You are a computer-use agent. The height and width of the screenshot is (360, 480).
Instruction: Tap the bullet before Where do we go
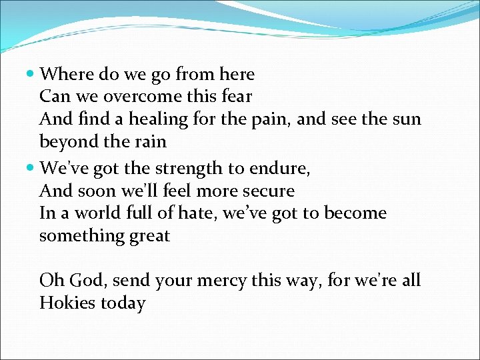[31, 73]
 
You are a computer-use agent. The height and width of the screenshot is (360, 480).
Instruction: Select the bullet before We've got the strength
[31, 168]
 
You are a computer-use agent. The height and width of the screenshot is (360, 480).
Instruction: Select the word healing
[159, 119]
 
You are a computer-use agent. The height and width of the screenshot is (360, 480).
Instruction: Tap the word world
[93, 213]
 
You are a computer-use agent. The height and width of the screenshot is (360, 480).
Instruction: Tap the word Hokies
[67, 303]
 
